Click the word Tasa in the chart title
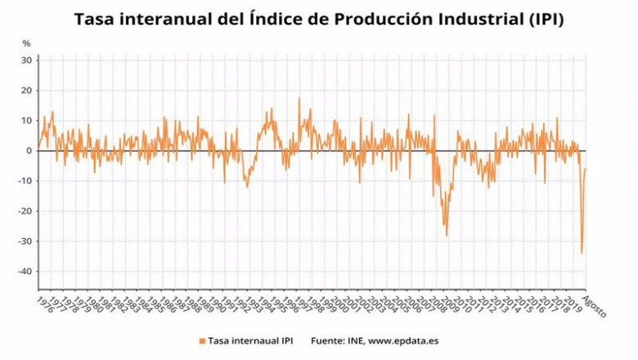pyautogui.click(x=95, y=18)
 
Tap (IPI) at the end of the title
pyautogui.click(x=539, y=18)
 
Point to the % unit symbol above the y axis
pyautogui.click(x=26, y=43)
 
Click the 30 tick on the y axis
pyautogui.click(x=25, y=61)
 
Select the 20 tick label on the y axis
pyautogui.click(x=25, y=91)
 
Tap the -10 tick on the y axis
pyautogui.click(x=24, y=181)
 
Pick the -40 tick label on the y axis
pyautogui.click(x=24, y=272)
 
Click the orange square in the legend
pyautogui.click(x=200, y=340)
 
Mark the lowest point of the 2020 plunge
pyautogui.click(x=582, y=254)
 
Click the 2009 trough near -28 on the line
pyautogui.click(x=447, y=236)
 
